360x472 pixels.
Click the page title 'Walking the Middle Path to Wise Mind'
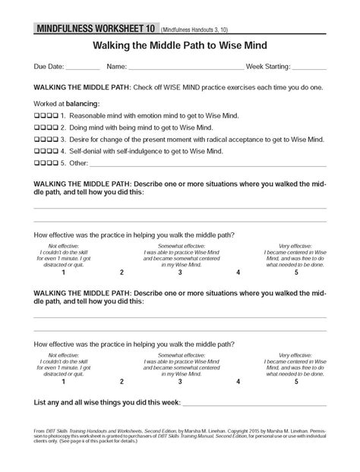click(179, 46)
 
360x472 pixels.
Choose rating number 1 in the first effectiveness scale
click(63, 271)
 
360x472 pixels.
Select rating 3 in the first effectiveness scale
click(180, 271)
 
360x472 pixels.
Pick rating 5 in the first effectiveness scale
click(296, 271)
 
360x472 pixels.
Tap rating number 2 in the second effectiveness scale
click(121, 382)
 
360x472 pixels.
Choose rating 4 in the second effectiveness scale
click(238, 382)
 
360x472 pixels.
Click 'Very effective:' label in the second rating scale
click(295, 355)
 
